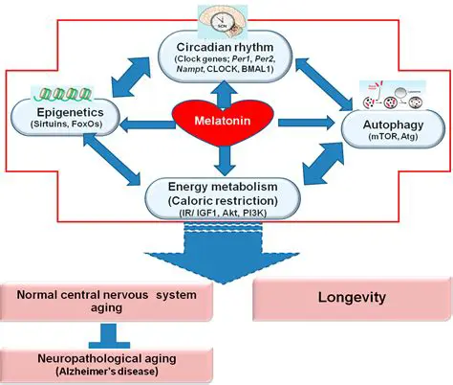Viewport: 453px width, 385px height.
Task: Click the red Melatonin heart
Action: point(226,122)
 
